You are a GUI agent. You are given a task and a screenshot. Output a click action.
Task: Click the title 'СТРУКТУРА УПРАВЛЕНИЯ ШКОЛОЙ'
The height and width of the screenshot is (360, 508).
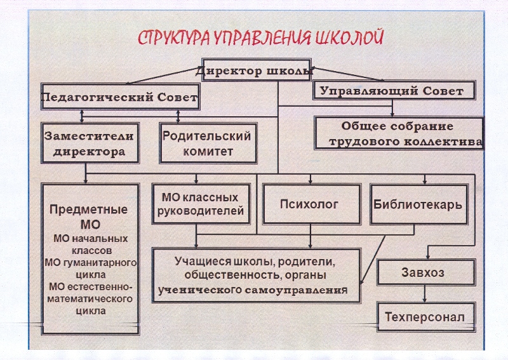click(260, 36)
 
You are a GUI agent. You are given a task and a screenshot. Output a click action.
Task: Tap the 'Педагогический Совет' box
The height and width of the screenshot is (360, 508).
click(120, 98)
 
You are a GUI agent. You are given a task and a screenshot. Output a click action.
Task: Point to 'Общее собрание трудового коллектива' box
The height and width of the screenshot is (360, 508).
click(400, 133)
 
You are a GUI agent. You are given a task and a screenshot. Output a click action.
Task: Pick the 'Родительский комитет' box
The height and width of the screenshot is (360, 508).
click(208, 143)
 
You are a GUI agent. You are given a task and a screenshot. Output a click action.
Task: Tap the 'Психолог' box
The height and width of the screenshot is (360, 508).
click(309, 204)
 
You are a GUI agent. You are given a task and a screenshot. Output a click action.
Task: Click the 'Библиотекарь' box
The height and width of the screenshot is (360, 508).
click(418, 204)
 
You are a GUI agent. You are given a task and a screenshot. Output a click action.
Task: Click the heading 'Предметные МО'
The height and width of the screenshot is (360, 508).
click(90, 217)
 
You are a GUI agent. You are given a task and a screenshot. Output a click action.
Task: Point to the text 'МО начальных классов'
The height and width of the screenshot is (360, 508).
click(90, 244)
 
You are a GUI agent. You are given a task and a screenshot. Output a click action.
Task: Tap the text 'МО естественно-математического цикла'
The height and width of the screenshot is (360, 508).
click(90, 298)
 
